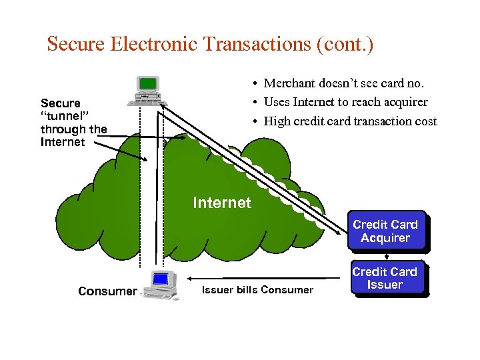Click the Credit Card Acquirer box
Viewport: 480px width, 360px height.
[x=385, y=231]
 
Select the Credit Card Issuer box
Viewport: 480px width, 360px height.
[x=385, y=279]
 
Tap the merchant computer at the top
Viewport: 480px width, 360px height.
[x=147, y=91]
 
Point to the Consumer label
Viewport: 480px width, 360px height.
[x=107, y=291]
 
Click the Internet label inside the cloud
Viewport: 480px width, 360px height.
[x=222, y=203]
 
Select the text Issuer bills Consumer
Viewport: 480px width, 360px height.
[x=257, y=290]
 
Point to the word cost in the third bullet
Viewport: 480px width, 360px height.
[x=424, y=121]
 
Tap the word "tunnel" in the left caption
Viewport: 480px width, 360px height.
[x=61, y=117]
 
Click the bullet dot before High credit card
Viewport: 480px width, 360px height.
[x=255, y=121]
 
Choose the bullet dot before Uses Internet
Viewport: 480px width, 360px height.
[x=255, y=103]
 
